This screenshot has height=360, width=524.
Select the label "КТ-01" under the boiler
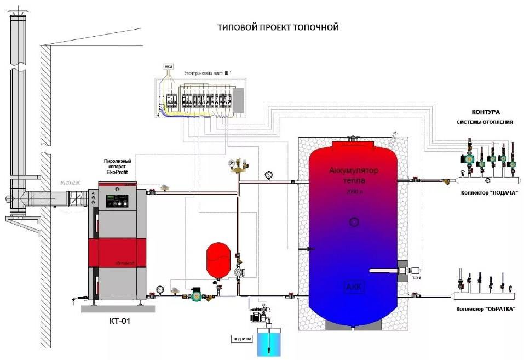click(x=114, y=320)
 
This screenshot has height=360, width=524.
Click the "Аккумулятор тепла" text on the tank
click(x=354, y=175)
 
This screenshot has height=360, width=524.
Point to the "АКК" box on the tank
click(x=354, y=287)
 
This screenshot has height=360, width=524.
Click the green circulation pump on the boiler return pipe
click(x=195, y=296)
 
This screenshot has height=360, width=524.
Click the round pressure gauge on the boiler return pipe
click(x=159, y=288)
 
